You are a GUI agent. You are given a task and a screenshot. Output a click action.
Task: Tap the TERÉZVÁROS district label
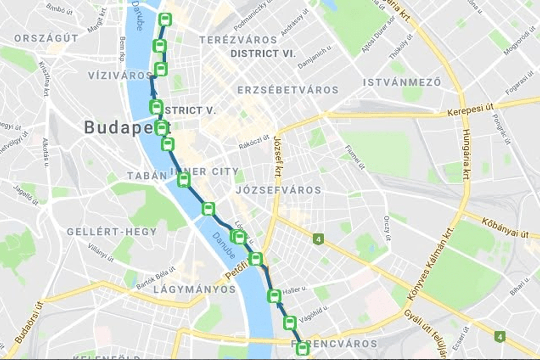[238, 40]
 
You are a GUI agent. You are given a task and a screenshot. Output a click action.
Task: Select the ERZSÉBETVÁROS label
[288, 90]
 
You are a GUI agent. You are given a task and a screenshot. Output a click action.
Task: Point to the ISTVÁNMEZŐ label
[402, 82]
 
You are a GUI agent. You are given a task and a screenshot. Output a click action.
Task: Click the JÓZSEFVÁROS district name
[278, 190]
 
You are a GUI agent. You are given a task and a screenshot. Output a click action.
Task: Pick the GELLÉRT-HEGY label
[112, 232]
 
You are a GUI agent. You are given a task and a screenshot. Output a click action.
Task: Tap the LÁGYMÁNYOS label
[194, 289]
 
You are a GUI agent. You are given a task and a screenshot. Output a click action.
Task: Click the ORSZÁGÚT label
[46, 38]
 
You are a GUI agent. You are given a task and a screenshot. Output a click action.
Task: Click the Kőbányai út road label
[505, 228]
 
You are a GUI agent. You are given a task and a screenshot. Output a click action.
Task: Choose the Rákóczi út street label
[254, 142]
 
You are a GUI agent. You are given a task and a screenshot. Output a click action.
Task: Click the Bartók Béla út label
[156, 278]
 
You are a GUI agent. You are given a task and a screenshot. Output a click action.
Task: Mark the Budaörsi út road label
[29, 323]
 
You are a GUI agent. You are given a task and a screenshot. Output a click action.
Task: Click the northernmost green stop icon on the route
[165, 19]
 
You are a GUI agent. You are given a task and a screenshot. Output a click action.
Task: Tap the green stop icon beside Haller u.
[274, 296]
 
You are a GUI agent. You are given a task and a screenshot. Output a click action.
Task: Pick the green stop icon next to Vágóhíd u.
[290, 323]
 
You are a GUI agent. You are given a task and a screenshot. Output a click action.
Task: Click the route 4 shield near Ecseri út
[499, 337]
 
